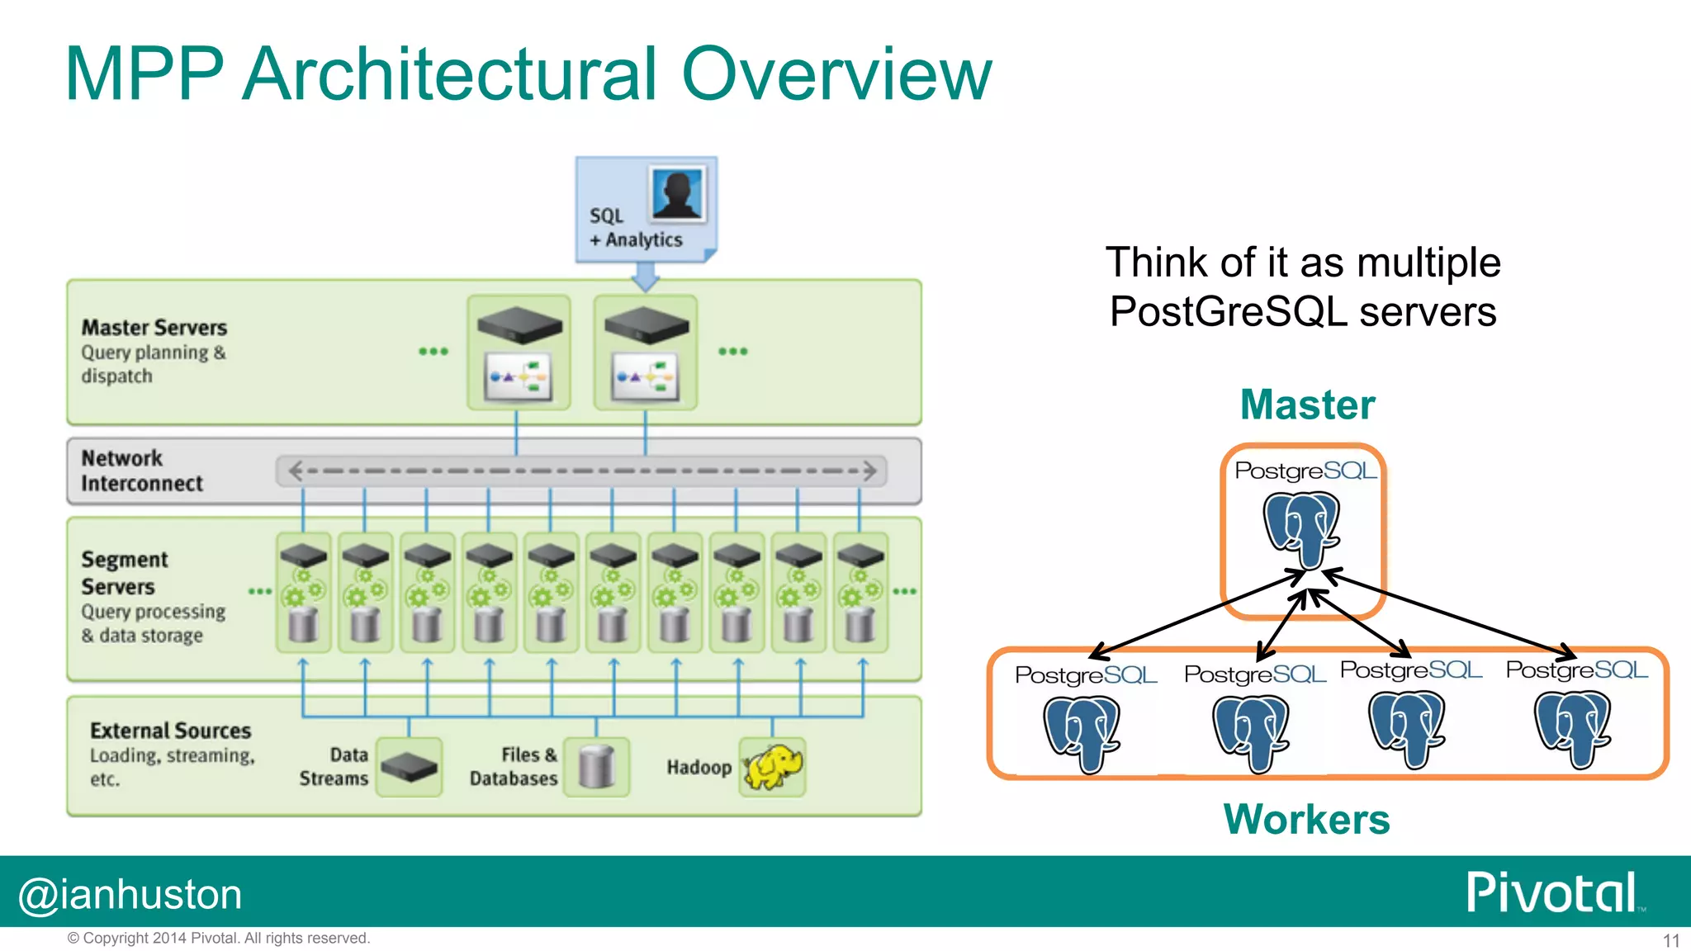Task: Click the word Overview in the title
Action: (836, 74)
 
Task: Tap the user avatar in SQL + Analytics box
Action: (678, 194)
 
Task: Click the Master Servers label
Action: (154, 328)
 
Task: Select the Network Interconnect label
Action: (141, 471)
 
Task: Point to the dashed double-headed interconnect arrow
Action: (582, 471)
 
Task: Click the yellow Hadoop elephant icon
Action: (773, 767)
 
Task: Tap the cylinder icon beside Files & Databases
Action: (596, 767)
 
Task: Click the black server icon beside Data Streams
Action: (410, 767)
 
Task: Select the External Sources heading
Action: (170, 731)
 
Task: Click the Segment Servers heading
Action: (124, 573)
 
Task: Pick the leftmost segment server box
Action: (303, 593)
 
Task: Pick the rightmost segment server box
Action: (860, 593)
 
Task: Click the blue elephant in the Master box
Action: (1302, 529)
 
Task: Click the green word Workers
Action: (1306, 820)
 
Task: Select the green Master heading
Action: (1307, 405)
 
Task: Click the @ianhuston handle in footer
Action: (130, 895)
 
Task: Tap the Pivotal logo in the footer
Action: (1551, 892)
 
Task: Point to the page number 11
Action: (1670, 940)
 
